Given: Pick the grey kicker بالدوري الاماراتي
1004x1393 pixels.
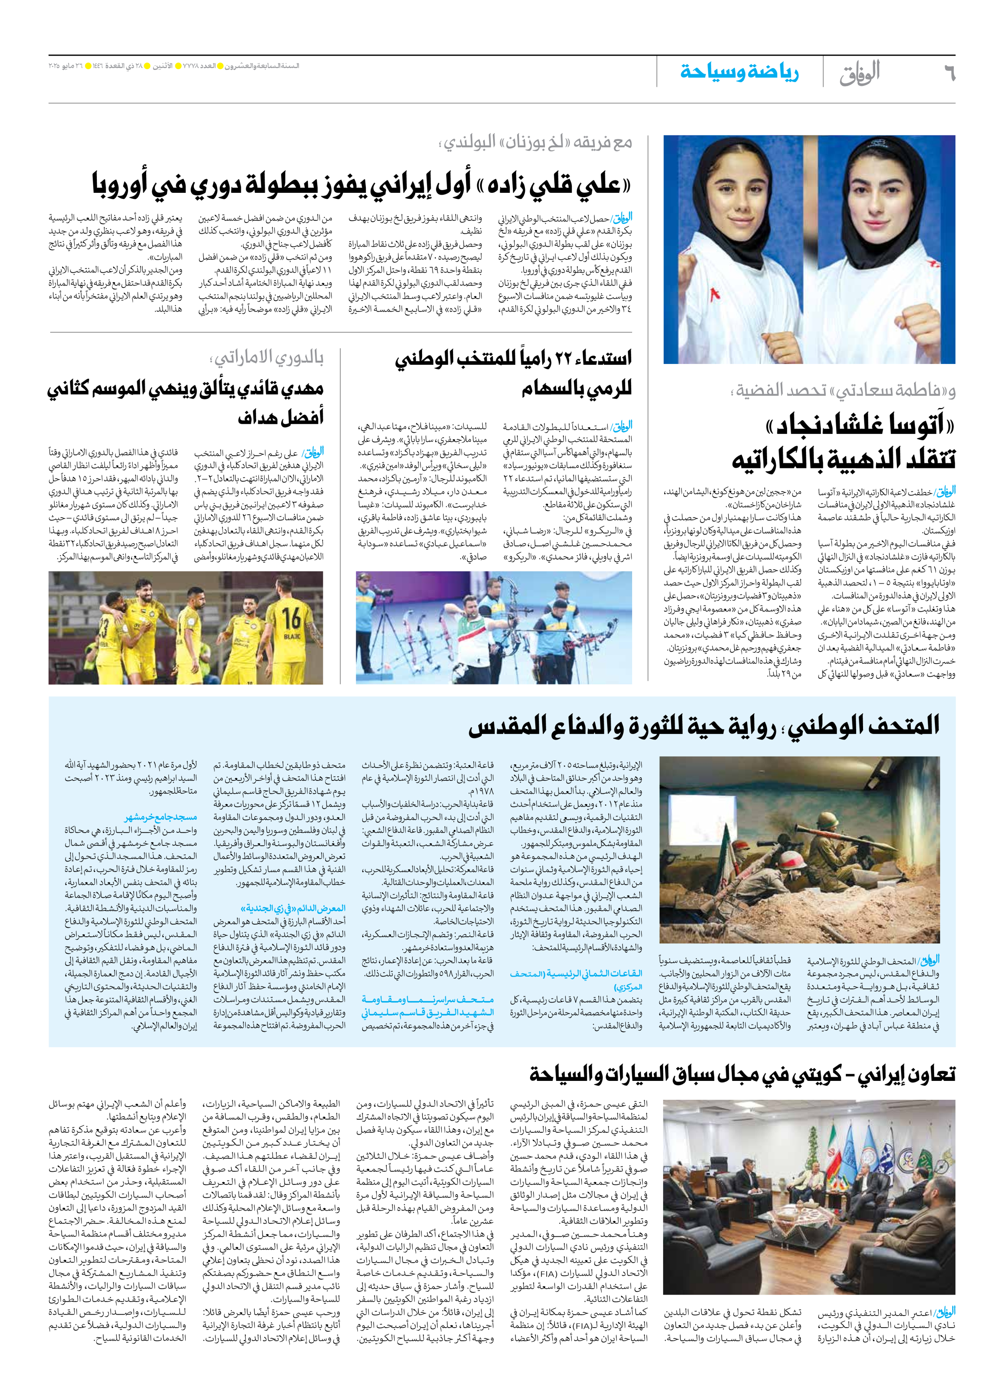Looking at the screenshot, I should pyautogui.click(x=267, y=357).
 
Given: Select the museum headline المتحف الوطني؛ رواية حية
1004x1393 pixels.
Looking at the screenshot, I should pyautogui.click(x=704, y=727).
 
